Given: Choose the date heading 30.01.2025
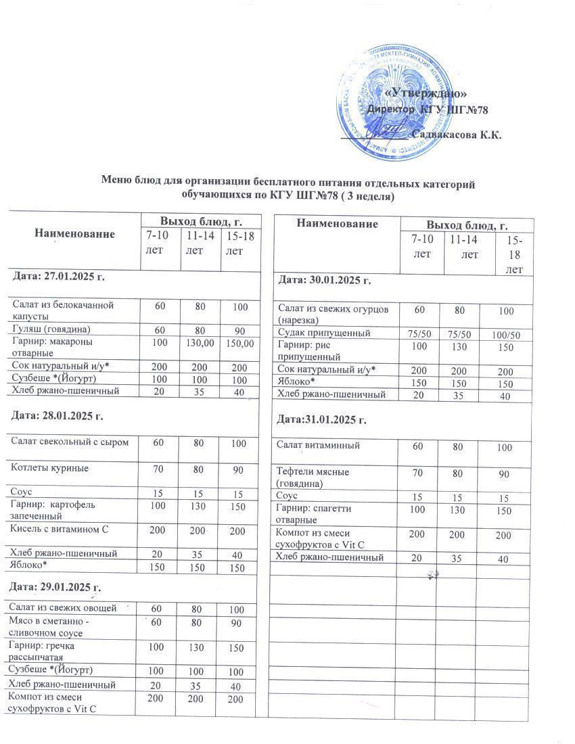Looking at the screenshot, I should click(x=323, y=279).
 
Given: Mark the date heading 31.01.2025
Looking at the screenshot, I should click(x=322, y=420).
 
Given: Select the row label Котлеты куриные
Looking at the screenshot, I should click(x=51, y=467).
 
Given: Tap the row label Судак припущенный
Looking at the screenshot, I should click(x=324, y=333).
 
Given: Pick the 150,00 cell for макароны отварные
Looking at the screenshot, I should click(x=241, y=344).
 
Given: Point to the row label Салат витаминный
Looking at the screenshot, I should click(x=319, y=445).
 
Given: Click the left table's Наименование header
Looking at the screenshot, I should click(x=74, y=233).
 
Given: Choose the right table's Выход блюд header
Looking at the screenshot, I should click(x=467, y=225).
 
